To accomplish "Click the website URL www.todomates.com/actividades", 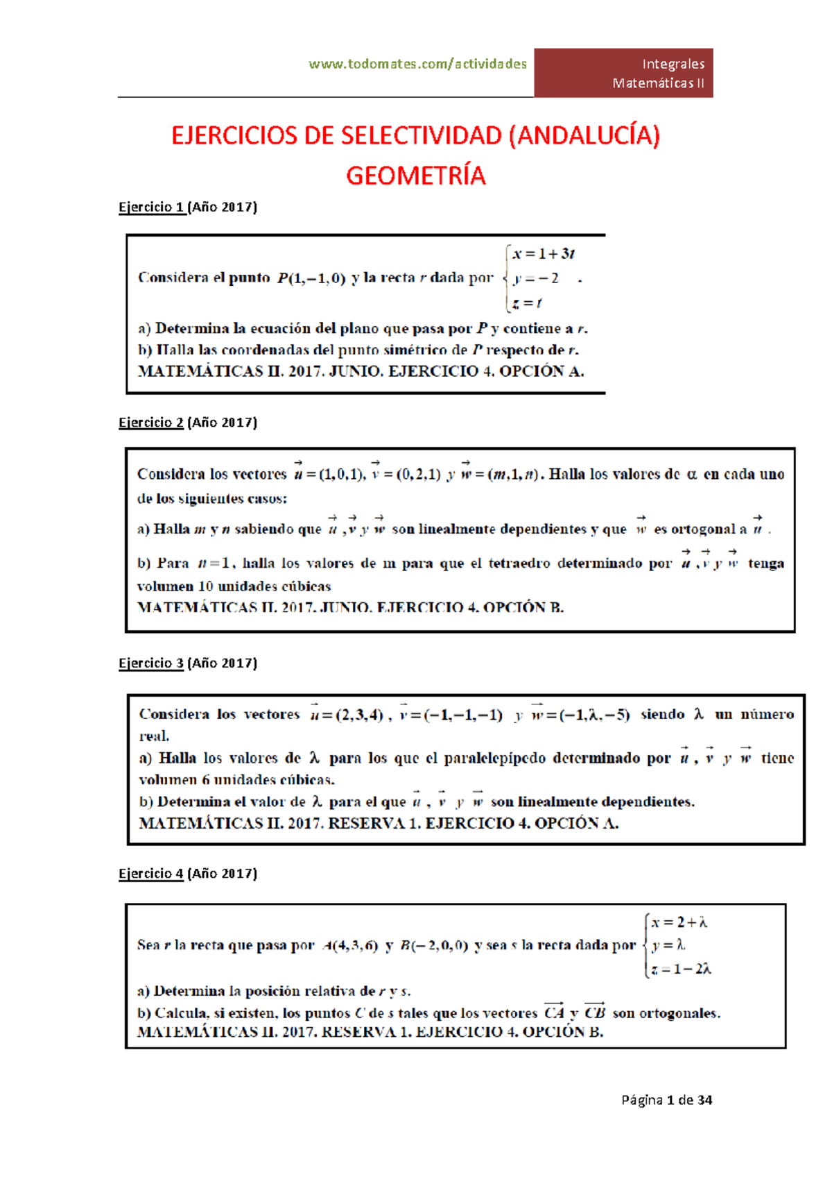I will pos(417,64).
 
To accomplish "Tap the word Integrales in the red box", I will pos(673,64).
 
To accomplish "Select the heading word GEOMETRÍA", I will pos(416,176).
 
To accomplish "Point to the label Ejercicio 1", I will pos(151,207).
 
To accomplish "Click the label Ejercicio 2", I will pos(151,422).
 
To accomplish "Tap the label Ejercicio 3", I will pos(151,663).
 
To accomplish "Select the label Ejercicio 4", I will pos(151,873).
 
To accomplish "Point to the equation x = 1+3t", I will pos(544,253).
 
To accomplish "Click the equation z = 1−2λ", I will pos(681,969).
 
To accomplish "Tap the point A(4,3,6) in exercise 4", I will pos(350,945).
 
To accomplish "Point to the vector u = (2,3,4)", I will pos(346,714).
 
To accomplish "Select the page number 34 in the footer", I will pos(704,1099).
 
